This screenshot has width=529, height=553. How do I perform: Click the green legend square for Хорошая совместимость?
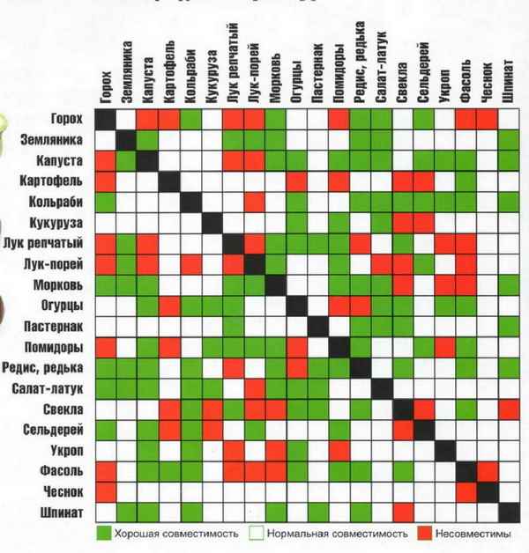pyautogui.click(x=104, y=534)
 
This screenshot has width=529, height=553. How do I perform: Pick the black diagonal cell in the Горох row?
pyautogui.click(x=106, y=119)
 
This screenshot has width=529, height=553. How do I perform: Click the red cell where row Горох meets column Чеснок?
pyautogui.click(x=488, y=119)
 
